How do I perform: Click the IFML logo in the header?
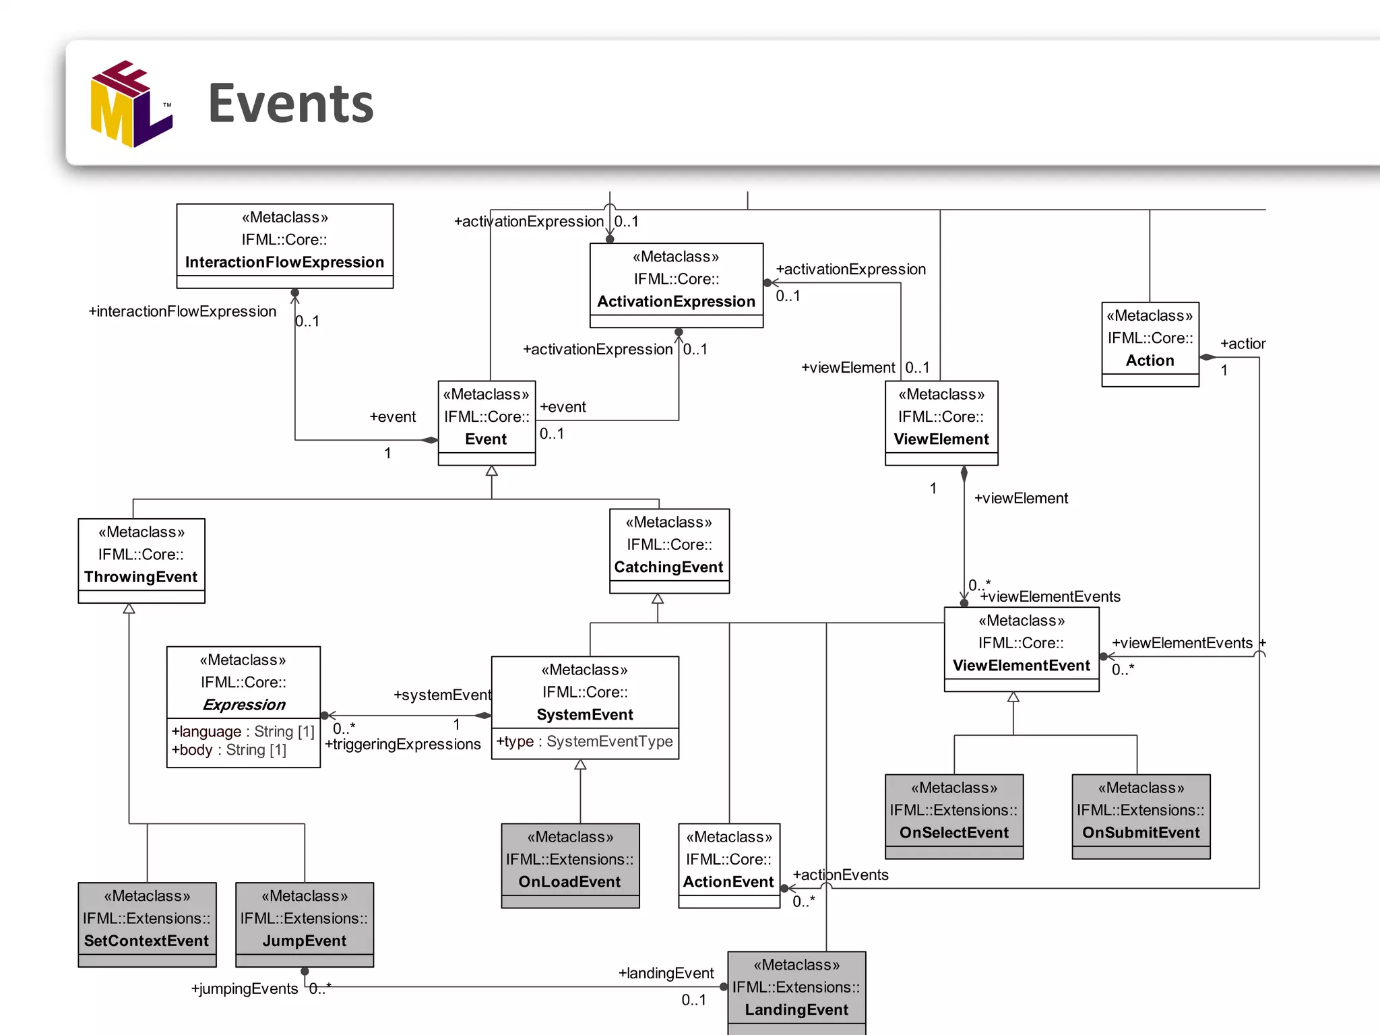(x=131, y=104)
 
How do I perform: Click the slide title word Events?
(x=290, y=104)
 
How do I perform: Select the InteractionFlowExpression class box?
(x=284, y=245)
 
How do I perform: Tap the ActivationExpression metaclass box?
(x=676, y=284)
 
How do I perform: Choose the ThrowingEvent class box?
(x=141, y=560)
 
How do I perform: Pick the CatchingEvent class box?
(x=669, y=550)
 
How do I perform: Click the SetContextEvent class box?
(x=147, y=924)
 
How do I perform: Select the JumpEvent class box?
(x=305, y=924)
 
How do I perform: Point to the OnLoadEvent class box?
(x=570, y=865)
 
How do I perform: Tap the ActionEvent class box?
(x=729, y=865)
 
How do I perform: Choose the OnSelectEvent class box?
(x=954, y=816)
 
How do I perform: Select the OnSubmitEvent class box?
(x=1141, y=816)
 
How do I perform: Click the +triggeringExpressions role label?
(x=403, y=745)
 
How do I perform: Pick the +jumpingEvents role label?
(x=245, y=989)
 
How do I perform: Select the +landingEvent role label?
(x=666, y=973)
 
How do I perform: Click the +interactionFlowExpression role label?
(x=183, y=311)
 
